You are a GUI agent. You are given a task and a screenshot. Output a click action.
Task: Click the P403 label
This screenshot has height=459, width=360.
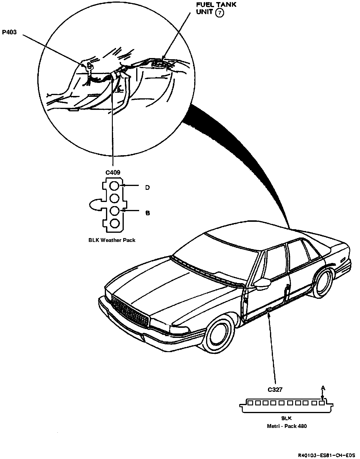coord(9,32)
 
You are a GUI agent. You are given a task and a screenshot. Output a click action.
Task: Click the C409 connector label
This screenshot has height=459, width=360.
coord(113,172)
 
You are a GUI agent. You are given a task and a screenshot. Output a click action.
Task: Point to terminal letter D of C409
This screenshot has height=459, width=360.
coord(147,188)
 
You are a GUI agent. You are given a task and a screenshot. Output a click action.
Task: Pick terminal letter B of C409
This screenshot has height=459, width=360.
coord(147,213)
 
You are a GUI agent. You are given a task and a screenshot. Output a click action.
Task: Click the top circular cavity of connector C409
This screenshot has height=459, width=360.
coord(114,186)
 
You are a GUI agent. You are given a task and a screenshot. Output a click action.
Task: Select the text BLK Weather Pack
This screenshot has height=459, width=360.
coord(112,240)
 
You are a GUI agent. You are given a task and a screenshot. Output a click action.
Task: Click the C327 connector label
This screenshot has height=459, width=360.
coord(275,390)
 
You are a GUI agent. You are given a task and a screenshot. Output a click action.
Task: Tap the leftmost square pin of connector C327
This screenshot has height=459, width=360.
coord(250,403)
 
